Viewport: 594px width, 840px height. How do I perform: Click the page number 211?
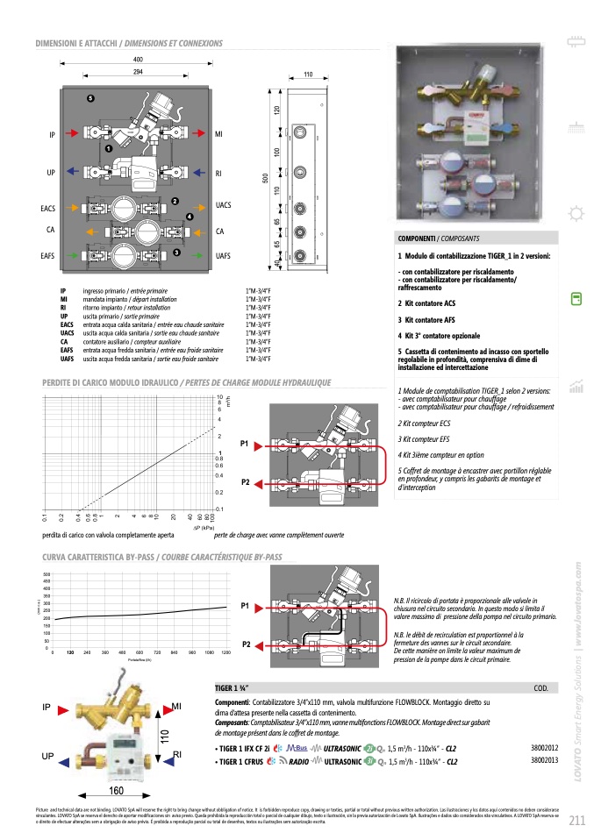pyautogui.click(x=576, y=821)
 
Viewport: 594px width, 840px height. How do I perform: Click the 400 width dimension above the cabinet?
pyautogui.click(x=138, y=59)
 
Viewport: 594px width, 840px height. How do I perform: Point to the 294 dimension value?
pyautogui.click(x=138, y=70)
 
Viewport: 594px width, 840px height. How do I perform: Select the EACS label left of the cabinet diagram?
pyautogui.click(x=48, y=209)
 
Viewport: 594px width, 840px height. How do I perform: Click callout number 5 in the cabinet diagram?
pyautogui.click(x=89, y=96)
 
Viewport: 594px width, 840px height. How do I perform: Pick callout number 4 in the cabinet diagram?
pyautogui.click(x=189, y=216)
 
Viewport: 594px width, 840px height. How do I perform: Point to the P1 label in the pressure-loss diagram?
pyautogui.click(x=246, y=444)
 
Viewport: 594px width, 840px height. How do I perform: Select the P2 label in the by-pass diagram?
pyautogui.click(x=246, y=644)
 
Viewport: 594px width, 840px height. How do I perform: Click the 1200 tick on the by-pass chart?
pyautogui.click(x=225, y=653)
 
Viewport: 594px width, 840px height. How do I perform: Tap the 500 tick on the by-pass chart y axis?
pyautogui.click(x=47, y=575)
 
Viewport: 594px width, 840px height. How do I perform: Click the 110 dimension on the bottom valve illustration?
pyautogui.click(x=163, y=738)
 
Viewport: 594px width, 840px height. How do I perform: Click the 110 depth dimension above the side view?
pyautogui.click(x=308, y=75)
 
